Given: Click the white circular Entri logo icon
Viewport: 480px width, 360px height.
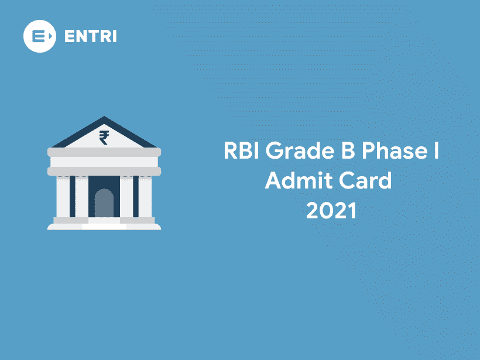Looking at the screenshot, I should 39,36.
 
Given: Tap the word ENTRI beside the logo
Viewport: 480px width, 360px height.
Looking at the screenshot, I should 90,36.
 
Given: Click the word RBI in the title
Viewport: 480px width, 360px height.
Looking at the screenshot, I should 242,152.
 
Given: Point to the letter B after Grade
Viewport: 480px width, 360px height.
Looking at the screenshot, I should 344,152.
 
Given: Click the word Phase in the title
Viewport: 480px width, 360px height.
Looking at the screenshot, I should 392,152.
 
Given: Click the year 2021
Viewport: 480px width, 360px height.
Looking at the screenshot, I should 331,210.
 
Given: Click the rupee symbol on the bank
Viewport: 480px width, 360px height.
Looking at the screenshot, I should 104,138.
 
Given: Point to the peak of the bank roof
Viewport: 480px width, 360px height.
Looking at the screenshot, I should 104,118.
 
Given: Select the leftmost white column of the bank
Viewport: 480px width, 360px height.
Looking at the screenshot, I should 63,196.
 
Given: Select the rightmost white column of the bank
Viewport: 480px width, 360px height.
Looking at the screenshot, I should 145,196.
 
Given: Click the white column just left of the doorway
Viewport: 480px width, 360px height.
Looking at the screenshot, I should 82,196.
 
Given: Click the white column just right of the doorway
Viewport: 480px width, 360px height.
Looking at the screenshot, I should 126,196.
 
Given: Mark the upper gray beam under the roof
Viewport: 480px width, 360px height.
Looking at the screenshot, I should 104,152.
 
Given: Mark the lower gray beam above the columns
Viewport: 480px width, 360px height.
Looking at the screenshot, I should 104,171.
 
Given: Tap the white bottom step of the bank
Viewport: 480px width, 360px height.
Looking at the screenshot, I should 104,226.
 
